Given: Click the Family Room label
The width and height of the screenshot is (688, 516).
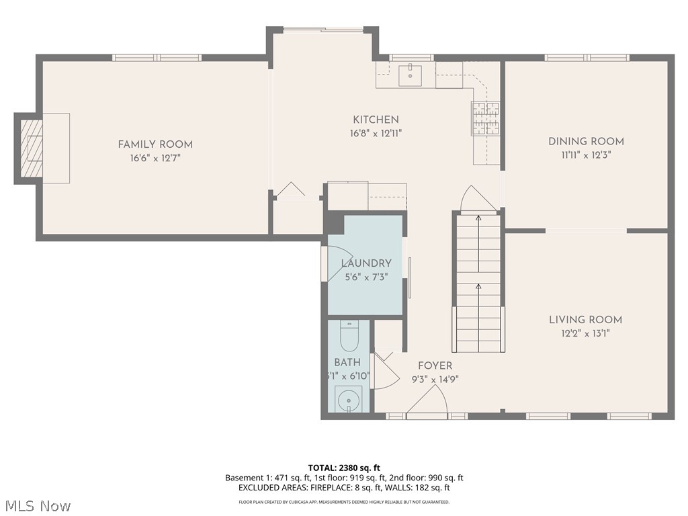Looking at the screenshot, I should [155, 144].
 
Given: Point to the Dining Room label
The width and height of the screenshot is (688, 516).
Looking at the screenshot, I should [586, 141].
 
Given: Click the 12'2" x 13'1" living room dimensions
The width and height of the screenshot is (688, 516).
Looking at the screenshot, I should [585, 333].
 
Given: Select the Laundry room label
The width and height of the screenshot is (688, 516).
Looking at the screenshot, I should [366, 263].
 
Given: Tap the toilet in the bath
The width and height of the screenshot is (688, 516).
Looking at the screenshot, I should [349, 335].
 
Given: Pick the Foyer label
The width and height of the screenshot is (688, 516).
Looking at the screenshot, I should [435, 365].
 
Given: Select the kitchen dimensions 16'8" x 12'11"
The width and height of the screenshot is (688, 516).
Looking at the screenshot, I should [376, 134].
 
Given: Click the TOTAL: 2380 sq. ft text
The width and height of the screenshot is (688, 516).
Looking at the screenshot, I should [344, 468].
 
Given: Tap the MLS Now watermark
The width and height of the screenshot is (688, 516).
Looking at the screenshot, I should [38, 505].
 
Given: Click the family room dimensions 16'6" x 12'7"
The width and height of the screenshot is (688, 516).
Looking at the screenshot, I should [155, 158].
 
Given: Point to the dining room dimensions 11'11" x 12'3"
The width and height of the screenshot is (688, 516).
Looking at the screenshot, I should [586, 155].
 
